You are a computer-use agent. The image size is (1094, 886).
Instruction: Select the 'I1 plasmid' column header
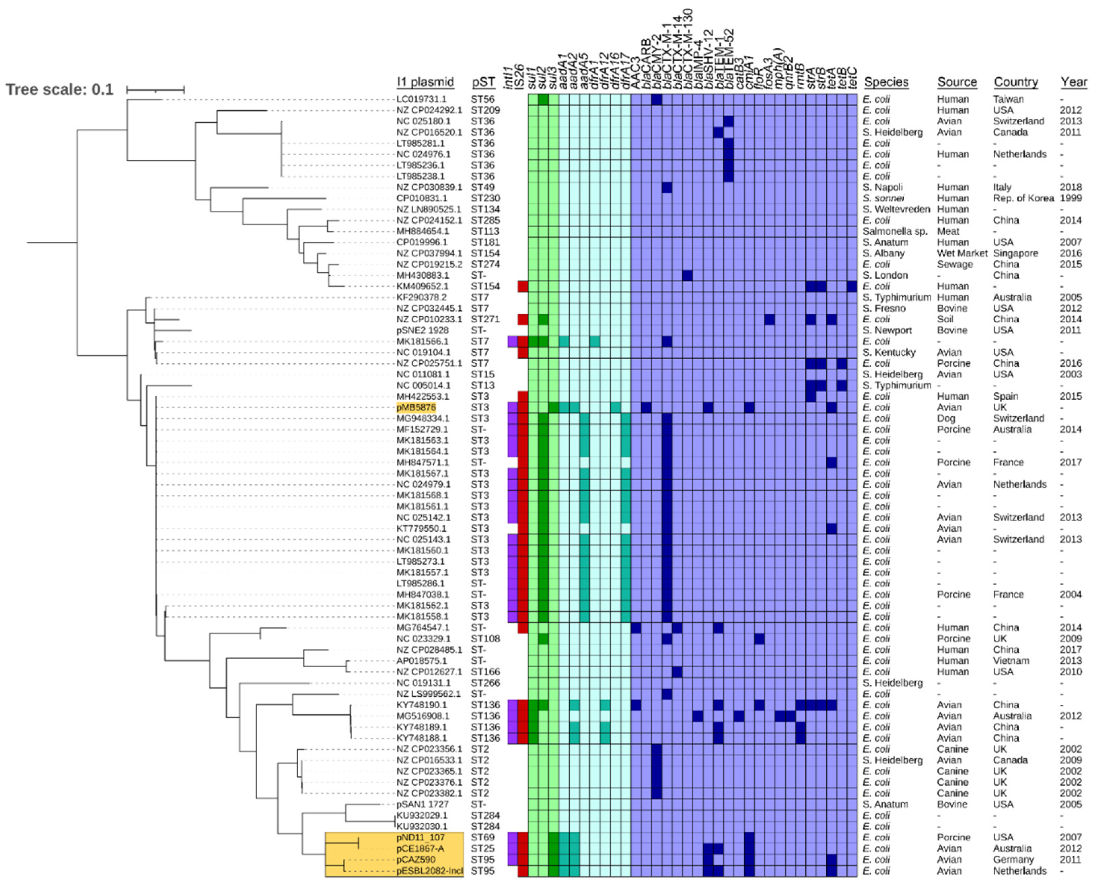[x=425, y=82]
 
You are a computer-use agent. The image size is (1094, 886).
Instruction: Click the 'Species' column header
[x=886, y=82]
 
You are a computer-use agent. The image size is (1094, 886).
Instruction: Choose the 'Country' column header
[x=1015, y=82]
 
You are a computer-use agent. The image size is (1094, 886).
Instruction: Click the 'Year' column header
[x=1073, y=82]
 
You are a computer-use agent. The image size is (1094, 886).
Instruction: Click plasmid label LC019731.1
[x=421, y=99]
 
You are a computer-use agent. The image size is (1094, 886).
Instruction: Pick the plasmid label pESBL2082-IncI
[x=429, y=871]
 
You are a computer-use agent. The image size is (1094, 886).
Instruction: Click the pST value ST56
[x=483, y=99]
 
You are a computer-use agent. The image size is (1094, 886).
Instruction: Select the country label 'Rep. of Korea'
[x=1023, y=198]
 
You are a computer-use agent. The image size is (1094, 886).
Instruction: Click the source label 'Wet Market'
[x=962, y=253]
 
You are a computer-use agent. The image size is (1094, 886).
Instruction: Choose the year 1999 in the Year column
[x=1070, y=198]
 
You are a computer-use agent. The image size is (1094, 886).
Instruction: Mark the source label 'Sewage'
[x=954, y=265]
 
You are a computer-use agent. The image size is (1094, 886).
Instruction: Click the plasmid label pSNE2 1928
[x=422, y=330]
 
